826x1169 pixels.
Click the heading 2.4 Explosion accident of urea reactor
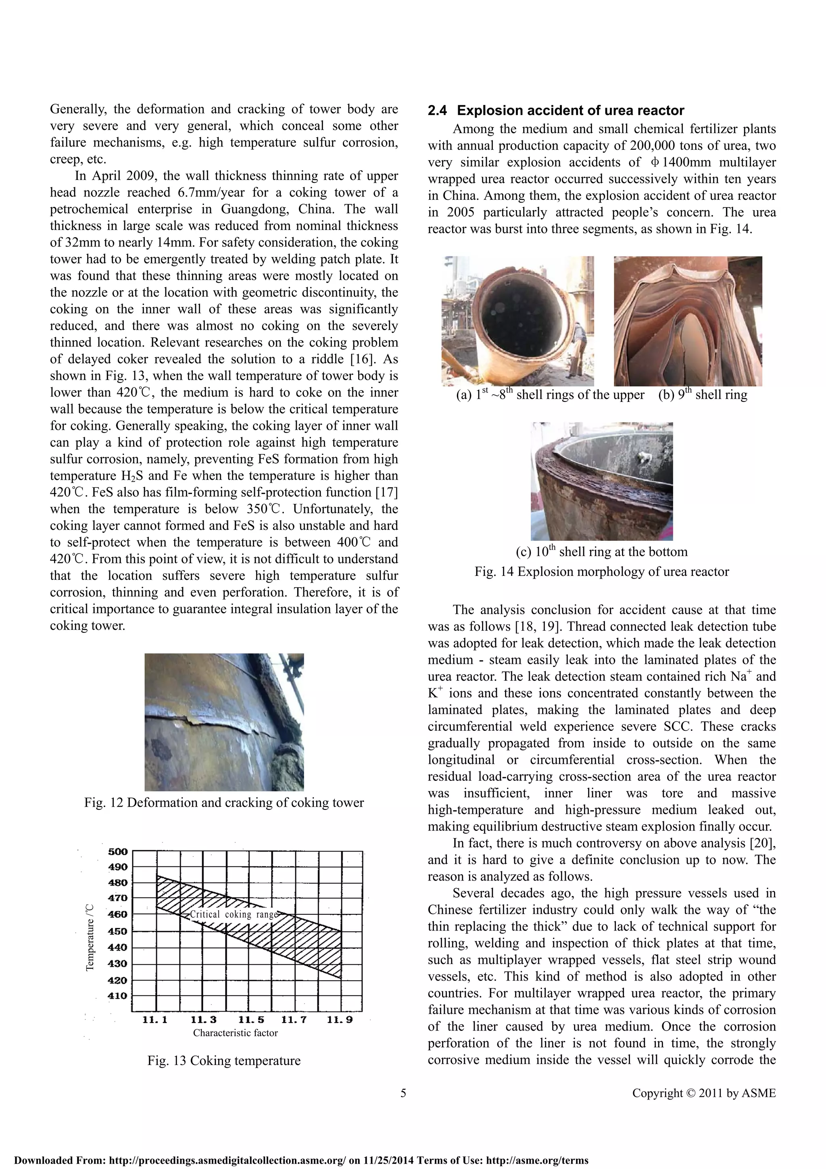coord(556,111)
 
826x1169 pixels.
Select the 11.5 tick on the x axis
coord(251,1019)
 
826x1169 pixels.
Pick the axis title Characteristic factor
coord(235,1033)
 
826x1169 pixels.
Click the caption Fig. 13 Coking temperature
coord(224,1060)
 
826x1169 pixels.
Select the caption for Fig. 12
coord(224,803)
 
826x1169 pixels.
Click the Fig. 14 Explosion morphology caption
coord(602,572)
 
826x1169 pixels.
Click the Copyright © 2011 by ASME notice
coord(704,1093)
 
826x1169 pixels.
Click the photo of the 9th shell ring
coord(688,321)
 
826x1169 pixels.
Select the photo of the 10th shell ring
coord(602,481)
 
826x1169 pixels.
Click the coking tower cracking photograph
coord(224,722)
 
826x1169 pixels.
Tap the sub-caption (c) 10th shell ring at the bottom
coord(602,552)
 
